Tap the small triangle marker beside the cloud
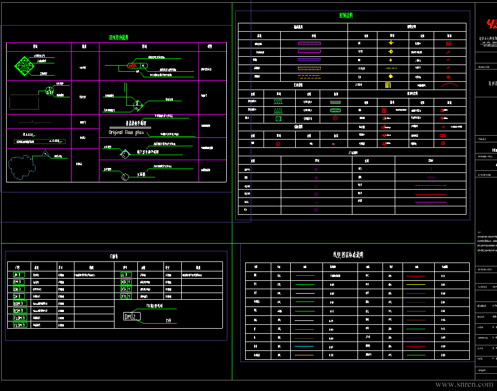[46, 153]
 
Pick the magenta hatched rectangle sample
[309, 43]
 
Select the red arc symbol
[450, 85]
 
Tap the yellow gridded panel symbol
[388, 85]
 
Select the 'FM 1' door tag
[19, 282]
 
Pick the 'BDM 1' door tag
[20, 304]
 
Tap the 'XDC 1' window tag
[126, 282]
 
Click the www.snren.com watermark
[464, 384]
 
